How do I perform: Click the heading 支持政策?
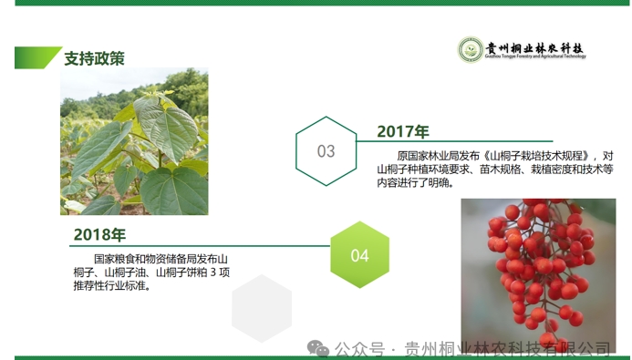[94, 58]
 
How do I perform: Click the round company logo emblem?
[470, 49]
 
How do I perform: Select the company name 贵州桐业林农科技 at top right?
[534, 47]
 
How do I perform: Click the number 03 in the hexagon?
[326, 151]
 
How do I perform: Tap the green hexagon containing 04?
[359, 255]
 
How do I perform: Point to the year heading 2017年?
[403, 132]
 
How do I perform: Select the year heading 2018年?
[99, 236]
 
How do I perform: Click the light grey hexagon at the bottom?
[261, 308]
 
